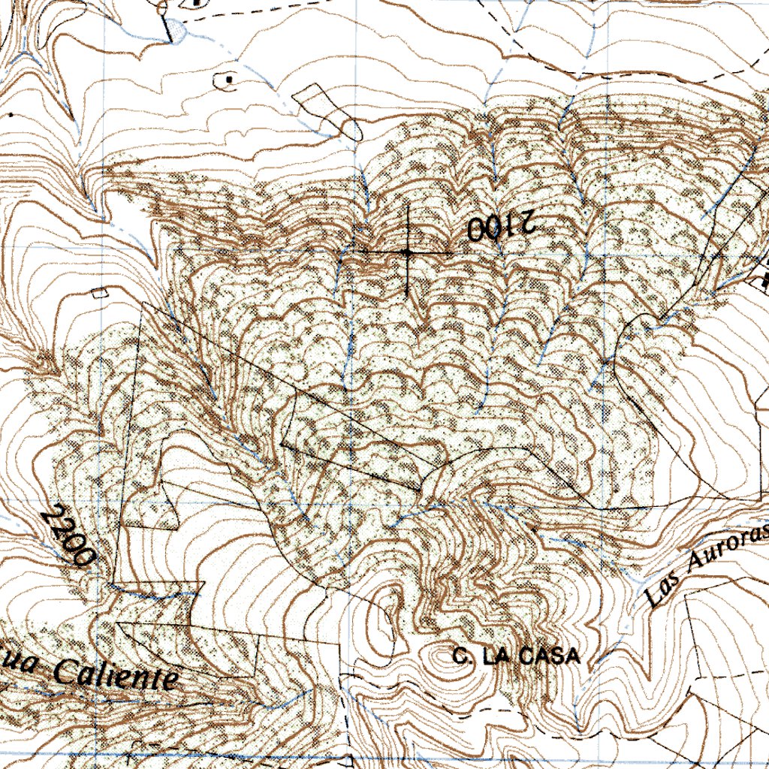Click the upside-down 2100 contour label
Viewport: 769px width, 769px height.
coord(499,226)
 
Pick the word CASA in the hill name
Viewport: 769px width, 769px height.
coord(553,656)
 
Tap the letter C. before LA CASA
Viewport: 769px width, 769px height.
coord(461,656)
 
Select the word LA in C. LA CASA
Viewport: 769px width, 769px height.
coord(496,656)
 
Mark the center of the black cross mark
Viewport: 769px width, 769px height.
coord(407,253)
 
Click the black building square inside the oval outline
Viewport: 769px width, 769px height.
coord(228,77)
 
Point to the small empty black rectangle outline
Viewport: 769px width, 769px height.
coord(99,293)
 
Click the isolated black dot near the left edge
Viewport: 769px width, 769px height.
coord(11,115)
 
